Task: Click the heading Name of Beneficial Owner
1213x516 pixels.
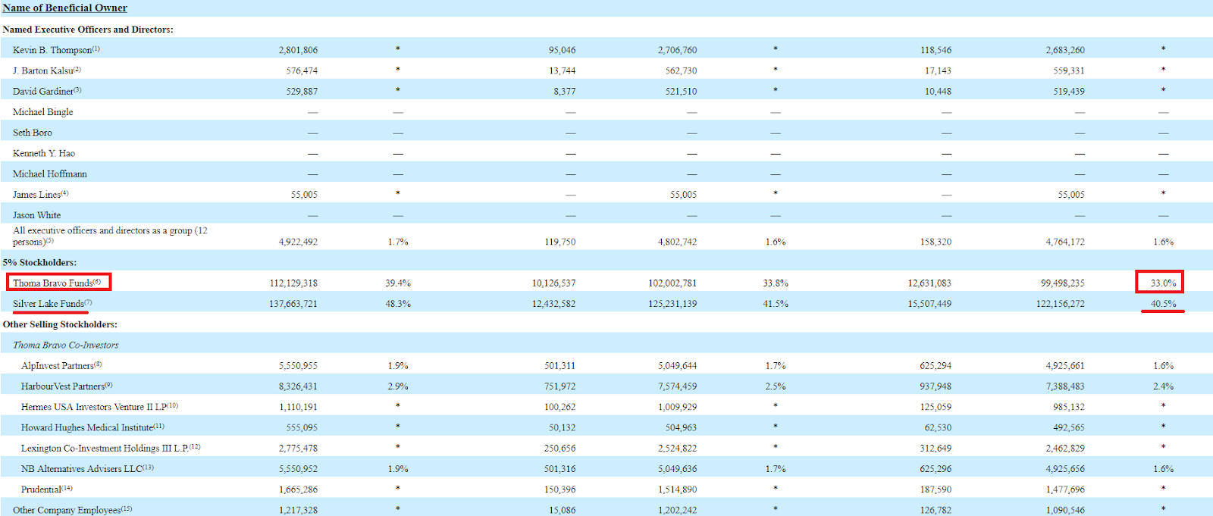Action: [x=64, y=8]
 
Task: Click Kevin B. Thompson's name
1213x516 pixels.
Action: [x=52, y=50]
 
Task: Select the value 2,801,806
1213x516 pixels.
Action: [x=298, y=50]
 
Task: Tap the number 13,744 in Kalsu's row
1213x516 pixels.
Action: [x=562, y=70]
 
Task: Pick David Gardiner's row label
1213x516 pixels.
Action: [x=43, y=91]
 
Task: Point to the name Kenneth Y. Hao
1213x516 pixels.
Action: [x=44, y=153]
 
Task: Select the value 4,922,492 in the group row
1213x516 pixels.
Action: [x=298, y=242]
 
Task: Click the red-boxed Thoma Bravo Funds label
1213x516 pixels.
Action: [x=58, y=283]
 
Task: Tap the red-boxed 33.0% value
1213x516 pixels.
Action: [x=1163, y=283]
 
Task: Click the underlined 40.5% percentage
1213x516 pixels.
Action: [x=1163, y=304]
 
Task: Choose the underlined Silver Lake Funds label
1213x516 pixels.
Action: [x=49, y=304]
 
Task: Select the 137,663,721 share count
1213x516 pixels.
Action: [x=293, y=304]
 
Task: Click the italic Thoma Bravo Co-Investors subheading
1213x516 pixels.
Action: [x=65, y=345]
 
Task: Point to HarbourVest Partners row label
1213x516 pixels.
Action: [x=64, y=386]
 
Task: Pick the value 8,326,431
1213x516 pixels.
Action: [x=298, y=386]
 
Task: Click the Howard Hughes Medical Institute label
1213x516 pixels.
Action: [x=88, y=427]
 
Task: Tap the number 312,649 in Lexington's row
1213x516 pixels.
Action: [x=936, y=449]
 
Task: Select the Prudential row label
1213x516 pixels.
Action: [x=42, y=489]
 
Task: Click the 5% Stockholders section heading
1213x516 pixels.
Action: [x=39, y=262]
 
